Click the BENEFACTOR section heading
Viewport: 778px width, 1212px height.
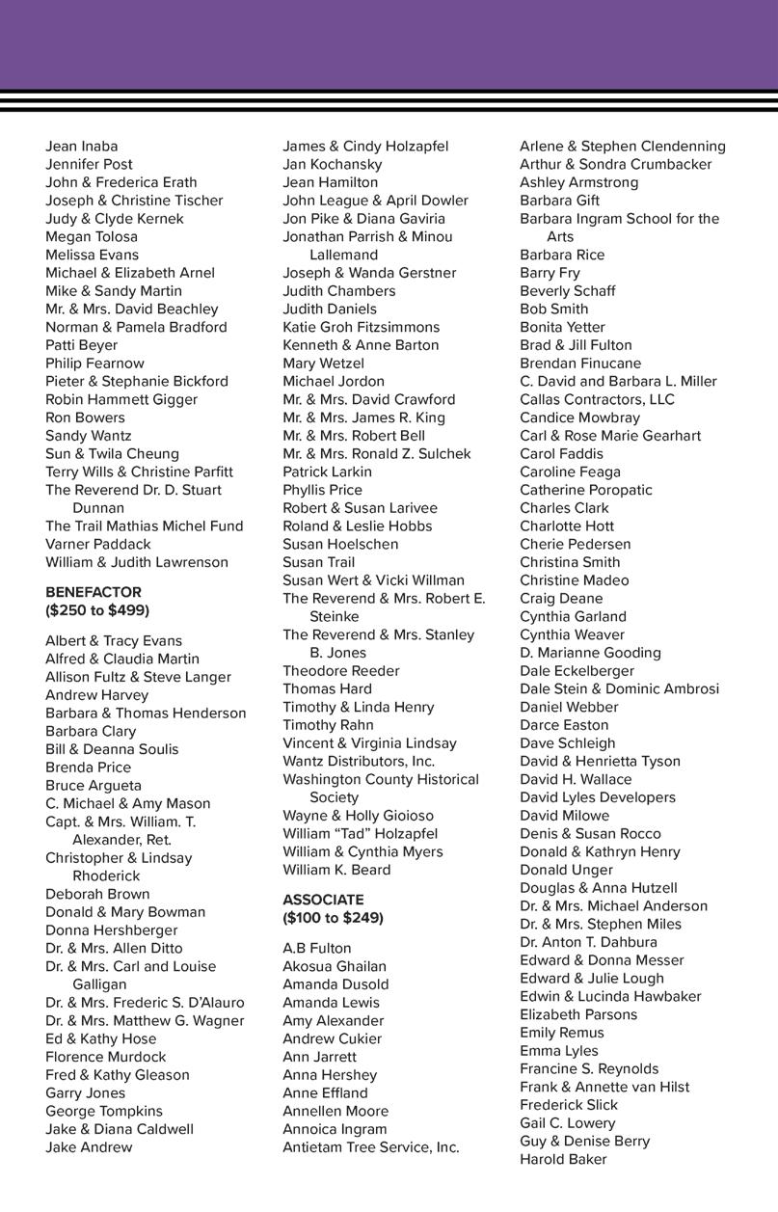[94, 592]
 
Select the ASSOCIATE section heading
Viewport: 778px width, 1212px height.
[323, 900]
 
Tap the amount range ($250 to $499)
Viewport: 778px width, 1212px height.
[97, 610]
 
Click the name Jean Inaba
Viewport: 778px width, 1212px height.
[82, 147]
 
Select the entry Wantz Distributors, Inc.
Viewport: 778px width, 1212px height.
[359, 762]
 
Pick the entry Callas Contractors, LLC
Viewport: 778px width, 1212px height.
[597, 399]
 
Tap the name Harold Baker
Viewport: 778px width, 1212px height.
[563, 1159]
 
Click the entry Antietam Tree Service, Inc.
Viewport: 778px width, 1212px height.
[371, 1147]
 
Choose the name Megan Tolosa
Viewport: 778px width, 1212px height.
[92, 236]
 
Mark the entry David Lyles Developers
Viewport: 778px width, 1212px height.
[598, 797]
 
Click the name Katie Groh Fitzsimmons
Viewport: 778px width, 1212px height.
[361, 327]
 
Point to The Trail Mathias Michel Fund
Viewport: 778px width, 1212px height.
[144, 526]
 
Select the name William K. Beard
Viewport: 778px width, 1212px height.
[336, 870]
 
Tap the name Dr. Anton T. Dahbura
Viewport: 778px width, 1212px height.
[588, 942]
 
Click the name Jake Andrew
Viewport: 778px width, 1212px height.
[89, 1147]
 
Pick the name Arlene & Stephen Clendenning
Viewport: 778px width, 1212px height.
[623, 147]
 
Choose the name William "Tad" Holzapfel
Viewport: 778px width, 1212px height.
[360, 834]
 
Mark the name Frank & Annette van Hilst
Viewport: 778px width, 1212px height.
[604, 1087]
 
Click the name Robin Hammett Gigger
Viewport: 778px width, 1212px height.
[121, 399]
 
